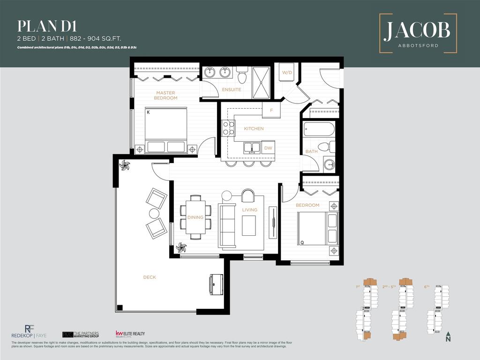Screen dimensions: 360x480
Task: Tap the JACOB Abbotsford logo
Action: point(417,33)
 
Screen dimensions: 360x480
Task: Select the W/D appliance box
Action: point(286,73)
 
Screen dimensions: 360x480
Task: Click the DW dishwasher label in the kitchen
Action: point(268,148)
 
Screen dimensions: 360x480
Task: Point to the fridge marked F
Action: point(270,111)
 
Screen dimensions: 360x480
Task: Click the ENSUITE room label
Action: point(232,90)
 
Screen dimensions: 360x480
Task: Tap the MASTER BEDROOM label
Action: point(166,96)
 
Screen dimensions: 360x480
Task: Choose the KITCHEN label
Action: point(254,128)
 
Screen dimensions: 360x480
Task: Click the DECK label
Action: point(150,277)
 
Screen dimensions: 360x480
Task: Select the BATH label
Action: point(311,151)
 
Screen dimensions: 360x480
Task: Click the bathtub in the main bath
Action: point(319,129)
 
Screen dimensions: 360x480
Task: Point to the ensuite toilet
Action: point(242,75)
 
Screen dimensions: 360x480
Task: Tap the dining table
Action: point(195,217)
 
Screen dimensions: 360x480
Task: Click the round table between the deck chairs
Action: point(154,214)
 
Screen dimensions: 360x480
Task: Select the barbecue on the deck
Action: point(216,284)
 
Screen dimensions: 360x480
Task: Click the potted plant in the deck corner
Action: point(125,165)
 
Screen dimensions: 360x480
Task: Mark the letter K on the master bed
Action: point(148,112)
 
